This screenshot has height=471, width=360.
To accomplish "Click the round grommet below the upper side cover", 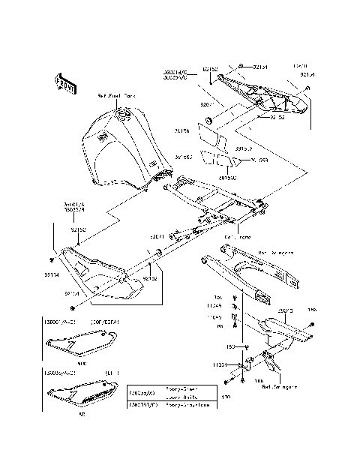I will [209, 120].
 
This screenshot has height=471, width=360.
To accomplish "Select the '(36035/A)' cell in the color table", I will [143, 392].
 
